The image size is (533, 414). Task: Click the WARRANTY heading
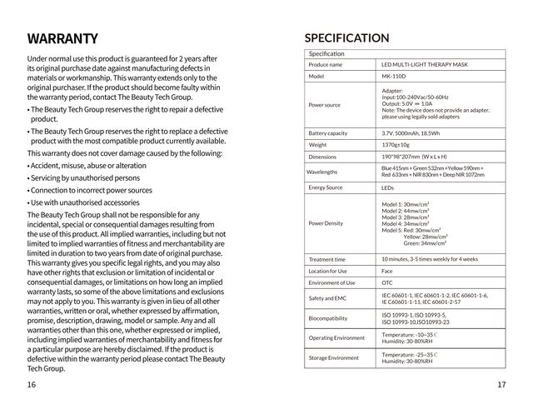coord(62,39)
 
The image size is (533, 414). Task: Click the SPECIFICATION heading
coord(346,37)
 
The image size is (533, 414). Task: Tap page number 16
coord(31,384)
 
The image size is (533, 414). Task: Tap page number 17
coord(501,384)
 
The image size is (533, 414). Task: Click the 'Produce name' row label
coord(325,64)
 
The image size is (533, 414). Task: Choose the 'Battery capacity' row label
coord(327,132)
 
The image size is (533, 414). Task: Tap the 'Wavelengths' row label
coord(322,172)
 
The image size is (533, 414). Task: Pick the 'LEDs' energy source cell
coord(388,187)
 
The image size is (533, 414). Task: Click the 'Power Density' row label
coord(325,223)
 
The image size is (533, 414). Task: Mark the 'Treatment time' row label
coord(326,259)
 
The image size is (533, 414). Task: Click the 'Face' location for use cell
coord(387,271)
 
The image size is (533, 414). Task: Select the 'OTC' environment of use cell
coord(387,282)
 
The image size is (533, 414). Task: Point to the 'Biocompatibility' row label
coord(327,317)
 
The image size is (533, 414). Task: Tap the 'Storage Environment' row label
coord(333,357)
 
